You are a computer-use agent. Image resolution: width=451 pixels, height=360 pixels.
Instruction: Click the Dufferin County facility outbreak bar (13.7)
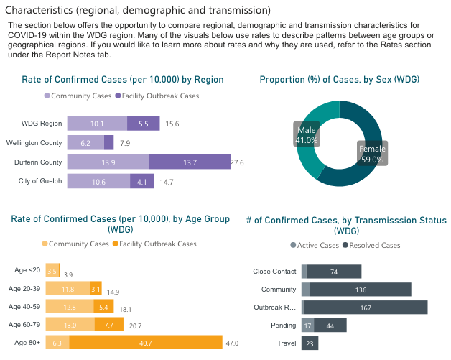190,163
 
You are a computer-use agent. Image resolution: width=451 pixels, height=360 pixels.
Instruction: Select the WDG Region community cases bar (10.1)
97,124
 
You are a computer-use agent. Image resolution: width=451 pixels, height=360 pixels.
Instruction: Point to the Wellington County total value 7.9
125,143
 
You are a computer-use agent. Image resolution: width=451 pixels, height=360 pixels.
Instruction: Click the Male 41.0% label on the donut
307,134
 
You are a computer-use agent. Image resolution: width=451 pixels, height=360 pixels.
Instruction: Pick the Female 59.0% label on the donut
371,154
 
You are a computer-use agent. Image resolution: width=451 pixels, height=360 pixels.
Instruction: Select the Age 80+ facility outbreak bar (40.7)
146,343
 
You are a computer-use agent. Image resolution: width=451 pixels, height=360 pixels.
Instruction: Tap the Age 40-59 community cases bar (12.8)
69,308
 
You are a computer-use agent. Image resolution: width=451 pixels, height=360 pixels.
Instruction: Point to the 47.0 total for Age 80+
233,343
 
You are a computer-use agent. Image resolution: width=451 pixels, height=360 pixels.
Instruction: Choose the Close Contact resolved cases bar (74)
334,272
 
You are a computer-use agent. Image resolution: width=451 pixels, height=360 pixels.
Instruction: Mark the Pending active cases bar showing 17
307,326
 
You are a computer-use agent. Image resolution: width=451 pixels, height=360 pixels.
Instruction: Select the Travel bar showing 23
310,343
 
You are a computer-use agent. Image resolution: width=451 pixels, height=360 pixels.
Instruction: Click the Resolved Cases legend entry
373,246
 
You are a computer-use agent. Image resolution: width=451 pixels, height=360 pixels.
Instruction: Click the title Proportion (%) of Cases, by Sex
339,80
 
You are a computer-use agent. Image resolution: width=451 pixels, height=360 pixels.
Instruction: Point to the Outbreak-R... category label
275,308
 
